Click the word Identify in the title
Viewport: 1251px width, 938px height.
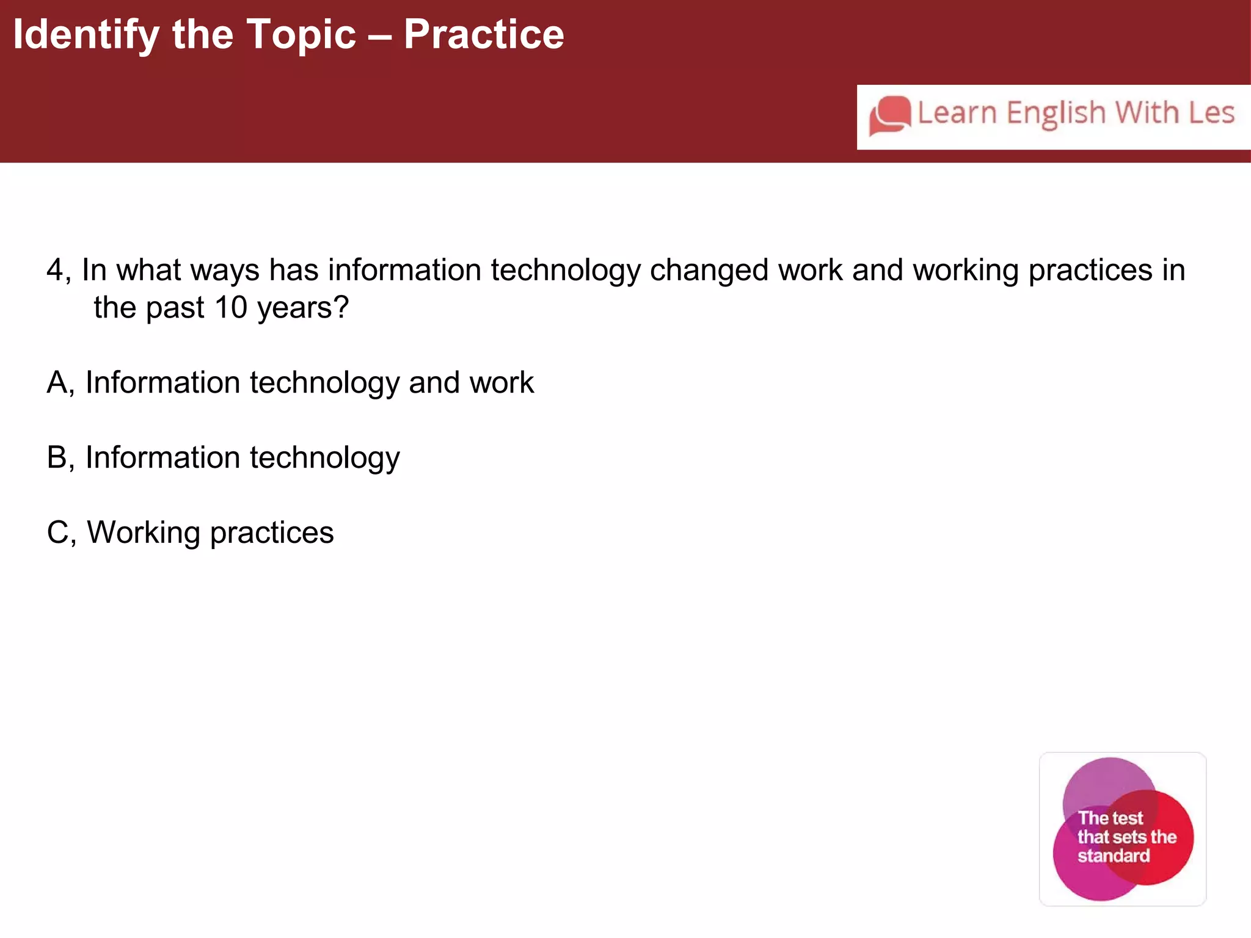(x=86, y=35)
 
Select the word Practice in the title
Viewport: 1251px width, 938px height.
(x=484, y=35)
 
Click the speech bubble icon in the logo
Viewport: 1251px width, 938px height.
(x=890, y=115)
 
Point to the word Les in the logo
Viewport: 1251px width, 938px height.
(x=1211, y=113)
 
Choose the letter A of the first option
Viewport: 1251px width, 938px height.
(x=57, y=383)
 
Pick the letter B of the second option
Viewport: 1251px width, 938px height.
(x=57, y=457)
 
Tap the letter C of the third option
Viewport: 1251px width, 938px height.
(x=58, y=533)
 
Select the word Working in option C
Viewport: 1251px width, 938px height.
(x=144, y=533)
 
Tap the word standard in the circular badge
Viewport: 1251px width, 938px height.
(x=1113, y=856)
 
